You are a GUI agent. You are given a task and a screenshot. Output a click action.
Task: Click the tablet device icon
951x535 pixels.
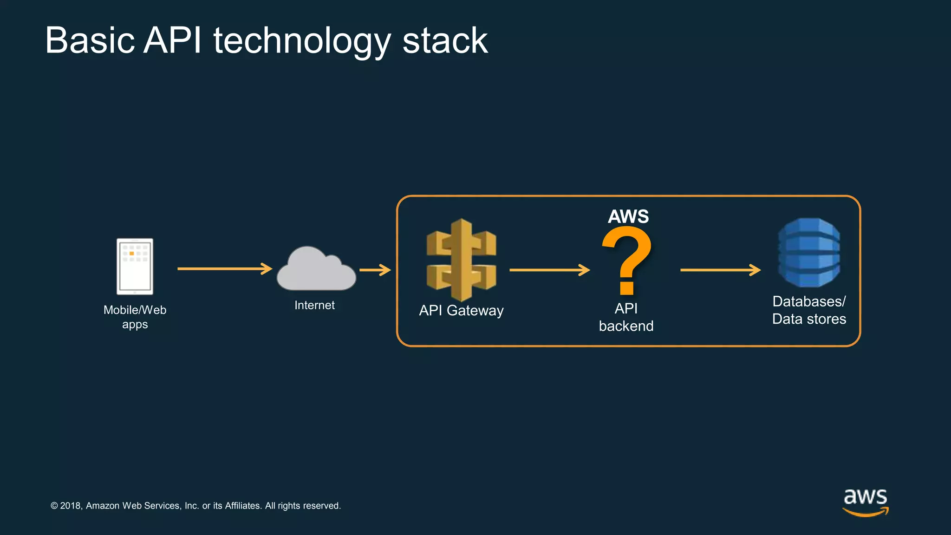point(135,267)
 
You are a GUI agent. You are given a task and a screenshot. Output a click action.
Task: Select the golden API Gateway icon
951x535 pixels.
point(461,260)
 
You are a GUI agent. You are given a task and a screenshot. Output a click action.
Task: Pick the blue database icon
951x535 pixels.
point(809,253)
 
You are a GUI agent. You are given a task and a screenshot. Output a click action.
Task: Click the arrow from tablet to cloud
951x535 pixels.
point(225,268)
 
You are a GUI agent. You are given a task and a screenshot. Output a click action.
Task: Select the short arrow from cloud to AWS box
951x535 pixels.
point(375,270)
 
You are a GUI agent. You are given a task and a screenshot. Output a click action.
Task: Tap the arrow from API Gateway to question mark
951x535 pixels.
point(549,270)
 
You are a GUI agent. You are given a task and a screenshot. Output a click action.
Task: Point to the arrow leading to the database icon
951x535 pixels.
point(720,270)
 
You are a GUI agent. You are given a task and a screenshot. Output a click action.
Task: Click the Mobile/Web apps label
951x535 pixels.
point(135,317)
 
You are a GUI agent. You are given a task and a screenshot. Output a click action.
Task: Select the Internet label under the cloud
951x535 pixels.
point(314,305)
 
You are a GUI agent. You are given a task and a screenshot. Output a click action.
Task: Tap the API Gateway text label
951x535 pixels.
point(461,310)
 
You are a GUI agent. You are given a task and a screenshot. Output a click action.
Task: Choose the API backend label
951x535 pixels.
point(626,317)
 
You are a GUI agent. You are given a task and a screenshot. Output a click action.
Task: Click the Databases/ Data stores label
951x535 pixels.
point(809,310)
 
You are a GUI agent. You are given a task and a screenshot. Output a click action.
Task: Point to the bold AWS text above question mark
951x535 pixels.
point(628,216)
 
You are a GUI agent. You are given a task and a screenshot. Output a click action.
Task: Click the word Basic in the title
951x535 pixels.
point(90,40)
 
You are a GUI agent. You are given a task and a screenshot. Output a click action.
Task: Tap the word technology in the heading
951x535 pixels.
point(302,40)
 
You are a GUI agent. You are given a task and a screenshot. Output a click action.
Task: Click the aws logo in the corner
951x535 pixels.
point(866,502)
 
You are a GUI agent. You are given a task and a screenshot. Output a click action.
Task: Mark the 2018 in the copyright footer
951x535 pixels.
point(71,506)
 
